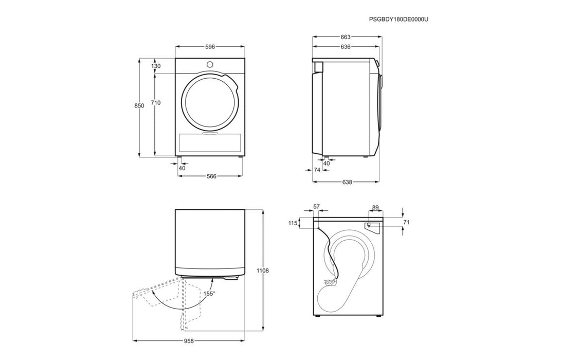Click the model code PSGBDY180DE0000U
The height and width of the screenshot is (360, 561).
point(399,20)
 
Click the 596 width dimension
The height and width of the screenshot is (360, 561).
point(210,47)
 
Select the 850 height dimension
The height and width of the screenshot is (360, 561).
point(139,106)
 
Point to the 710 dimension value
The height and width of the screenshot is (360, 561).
point(156,103)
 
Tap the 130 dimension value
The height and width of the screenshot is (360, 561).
point(156,66)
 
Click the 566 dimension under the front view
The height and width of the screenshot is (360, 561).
point(211,176)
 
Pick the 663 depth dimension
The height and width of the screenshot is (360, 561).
point(346,37)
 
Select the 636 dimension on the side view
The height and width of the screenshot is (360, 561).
point(346,46)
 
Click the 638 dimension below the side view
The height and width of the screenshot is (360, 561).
point(347,182)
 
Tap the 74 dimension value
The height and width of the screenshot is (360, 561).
point(317,170)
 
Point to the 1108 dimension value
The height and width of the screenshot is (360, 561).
point(263,271)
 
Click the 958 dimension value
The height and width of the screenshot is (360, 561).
point(189,341)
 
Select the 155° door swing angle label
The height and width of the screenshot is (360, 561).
point(209,294)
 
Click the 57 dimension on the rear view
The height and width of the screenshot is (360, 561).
point(316,207)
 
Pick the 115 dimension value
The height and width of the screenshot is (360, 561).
point(293,223)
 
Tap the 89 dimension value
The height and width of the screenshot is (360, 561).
point(375,208)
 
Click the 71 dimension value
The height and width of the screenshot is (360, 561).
point(406,222)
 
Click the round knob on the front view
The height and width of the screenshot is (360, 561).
point(210,64)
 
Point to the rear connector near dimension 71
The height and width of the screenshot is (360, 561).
point(368,225)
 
